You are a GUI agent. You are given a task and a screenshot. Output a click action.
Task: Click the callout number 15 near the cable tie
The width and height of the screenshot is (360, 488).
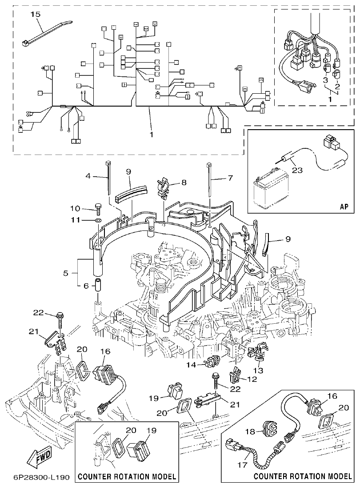click(35, 15)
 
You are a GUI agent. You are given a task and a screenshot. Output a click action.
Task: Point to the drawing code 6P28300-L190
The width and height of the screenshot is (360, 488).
click(36, 477)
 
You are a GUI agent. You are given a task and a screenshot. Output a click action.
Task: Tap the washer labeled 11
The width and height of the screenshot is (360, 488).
click(98, 220)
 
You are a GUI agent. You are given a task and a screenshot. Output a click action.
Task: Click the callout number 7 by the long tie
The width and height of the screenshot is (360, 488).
click(230, 178)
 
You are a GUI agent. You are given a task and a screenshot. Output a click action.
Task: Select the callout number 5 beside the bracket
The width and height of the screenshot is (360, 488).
click(66, 273)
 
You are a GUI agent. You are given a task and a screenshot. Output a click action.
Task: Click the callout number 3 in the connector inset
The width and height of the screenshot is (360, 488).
click(325, 80)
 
